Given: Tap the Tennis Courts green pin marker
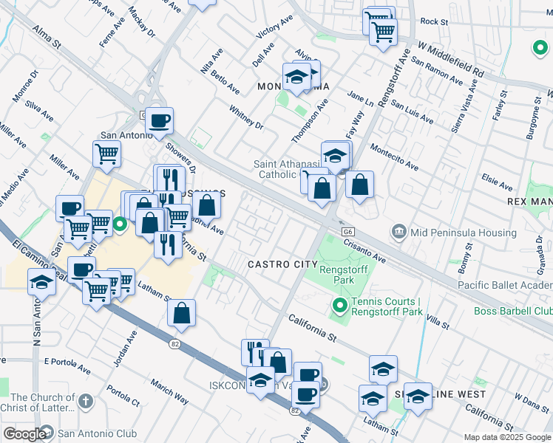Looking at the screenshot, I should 339,305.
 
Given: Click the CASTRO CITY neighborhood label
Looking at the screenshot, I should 277,264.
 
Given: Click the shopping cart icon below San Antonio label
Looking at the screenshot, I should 106,154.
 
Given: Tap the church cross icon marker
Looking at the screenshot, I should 86,402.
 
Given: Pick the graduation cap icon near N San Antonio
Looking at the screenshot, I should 41,282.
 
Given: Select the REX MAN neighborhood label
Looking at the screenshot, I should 530,201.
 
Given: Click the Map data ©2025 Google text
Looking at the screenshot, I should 507,437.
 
